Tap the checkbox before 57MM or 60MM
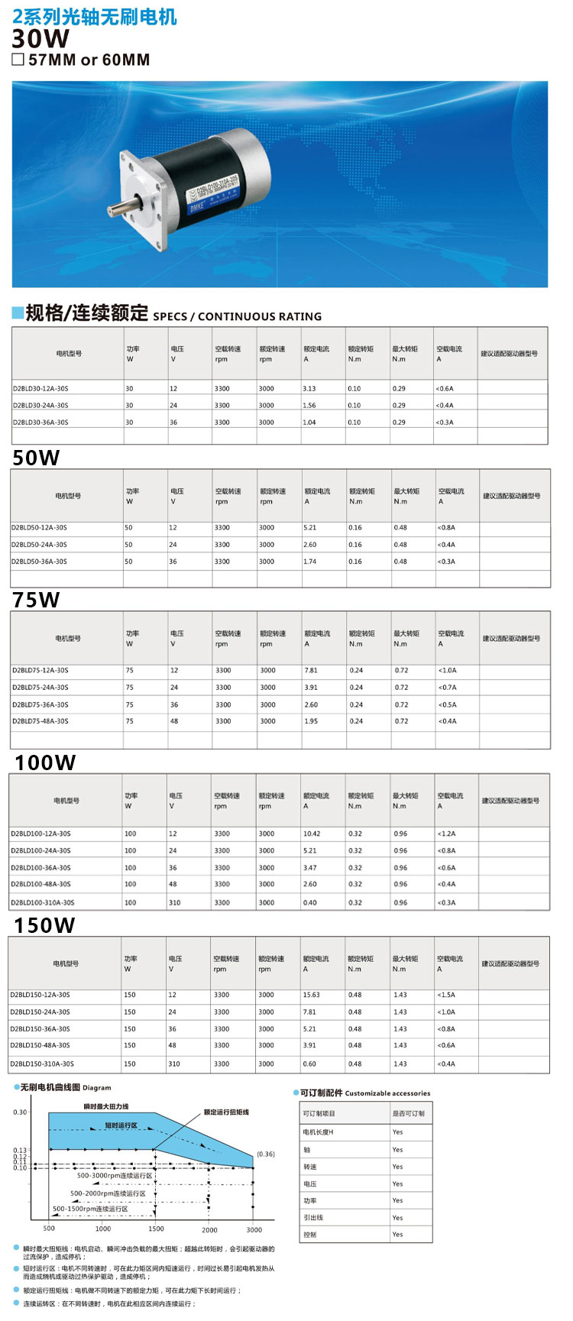tap(18, 60)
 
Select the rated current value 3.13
tap(309, 389)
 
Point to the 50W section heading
tap(36, 458)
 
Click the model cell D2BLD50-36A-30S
tap(39, 562)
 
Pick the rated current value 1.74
tap(309, 562)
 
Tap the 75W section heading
tap(36, 600)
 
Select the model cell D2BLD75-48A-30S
tap(40, 721)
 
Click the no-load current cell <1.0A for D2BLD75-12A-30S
tap(447, 671)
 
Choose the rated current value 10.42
tap(311, 834)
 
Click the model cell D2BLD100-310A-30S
tap(42, 903)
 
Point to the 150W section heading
tap(44, 925)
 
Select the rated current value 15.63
tap(311, 996)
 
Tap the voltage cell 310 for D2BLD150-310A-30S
tap(174, 1064)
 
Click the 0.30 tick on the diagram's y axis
tap(20, 1112)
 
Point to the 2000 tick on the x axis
tap(209, 1230)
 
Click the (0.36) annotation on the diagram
tap(265, 1154)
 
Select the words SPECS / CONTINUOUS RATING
tap(237, 316)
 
